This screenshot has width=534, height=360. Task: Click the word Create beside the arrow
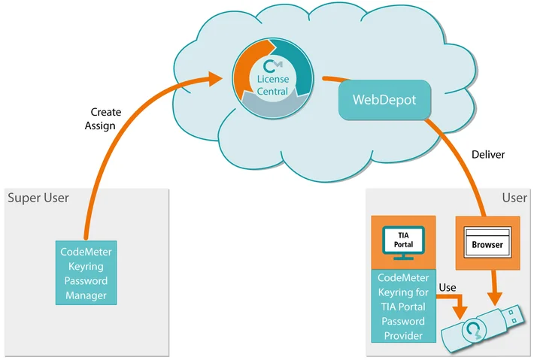click(x=105, y=113)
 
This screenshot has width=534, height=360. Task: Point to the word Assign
click(x=100, y=126)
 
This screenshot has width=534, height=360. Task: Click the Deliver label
click(x=488, y=155)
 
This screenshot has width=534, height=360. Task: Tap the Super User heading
click(x=38, y=198)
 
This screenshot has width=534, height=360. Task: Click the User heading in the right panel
click(x=514, y=198)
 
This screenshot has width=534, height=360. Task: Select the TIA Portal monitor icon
click(x=404, y=244)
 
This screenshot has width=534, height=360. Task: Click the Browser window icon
click(x=487, y=241)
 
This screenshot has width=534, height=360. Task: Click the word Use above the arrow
click(x=448, y=288)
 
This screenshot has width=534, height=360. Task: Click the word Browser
click(x=487, y=245)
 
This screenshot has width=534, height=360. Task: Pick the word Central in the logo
click(x=272, y=91)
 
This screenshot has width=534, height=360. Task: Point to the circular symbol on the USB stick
click(x=472, y=331)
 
